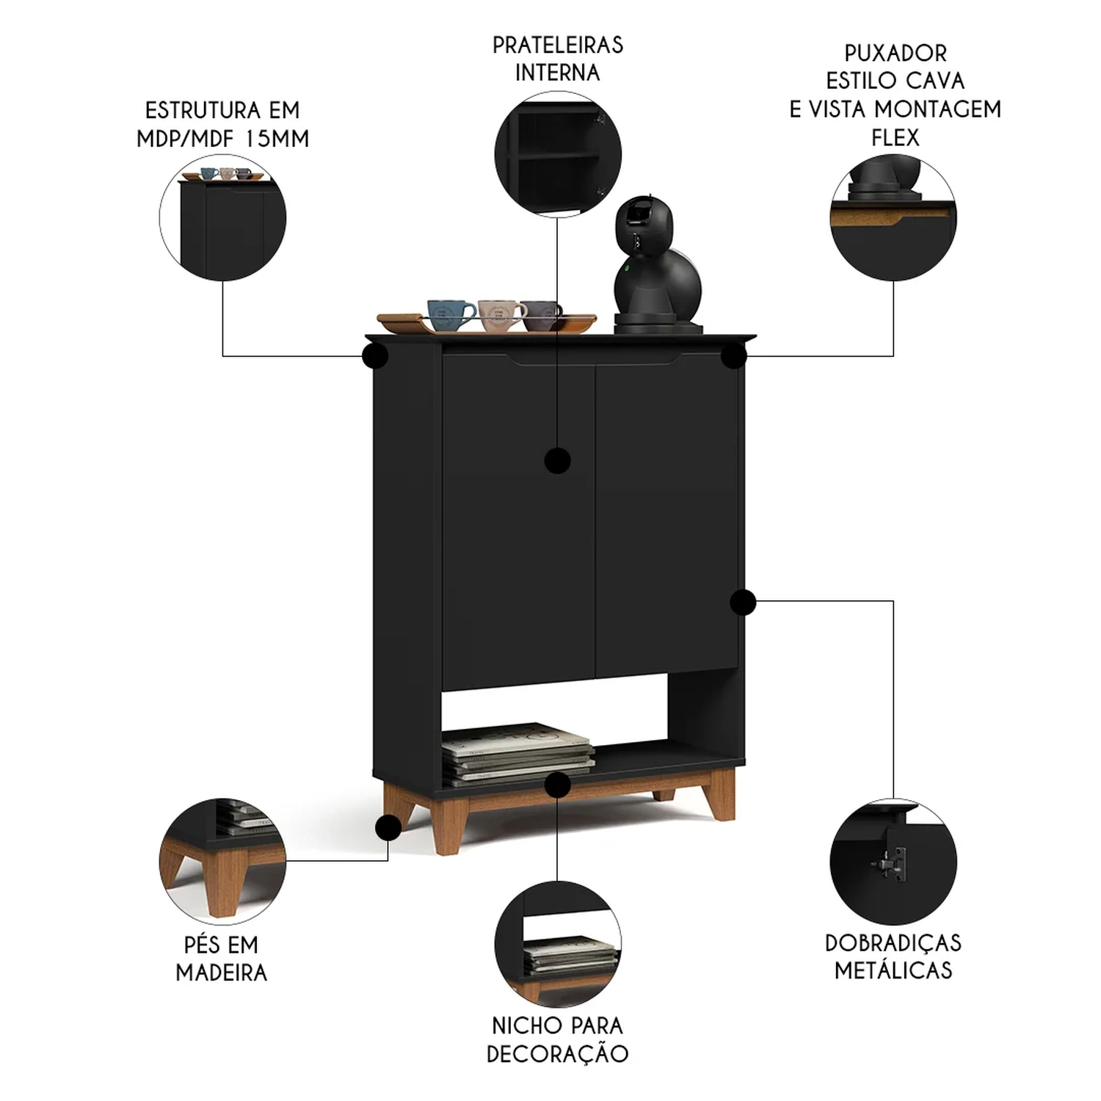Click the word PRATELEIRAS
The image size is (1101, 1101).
558,46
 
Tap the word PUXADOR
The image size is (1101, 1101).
895,54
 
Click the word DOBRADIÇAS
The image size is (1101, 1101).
893,943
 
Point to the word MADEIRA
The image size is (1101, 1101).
222,973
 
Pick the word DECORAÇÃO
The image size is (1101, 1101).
558,1054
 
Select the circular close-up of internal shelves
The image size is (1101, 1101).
558,154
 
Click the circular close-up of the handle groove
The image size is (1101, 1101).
893,218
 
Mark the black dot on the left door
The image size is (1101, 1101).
558,461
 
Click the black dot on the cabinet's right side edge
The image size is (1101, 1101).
743,602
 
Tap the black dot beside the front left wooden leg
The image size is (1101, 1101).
388,828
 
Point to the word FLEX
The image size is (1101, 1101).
895,137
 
